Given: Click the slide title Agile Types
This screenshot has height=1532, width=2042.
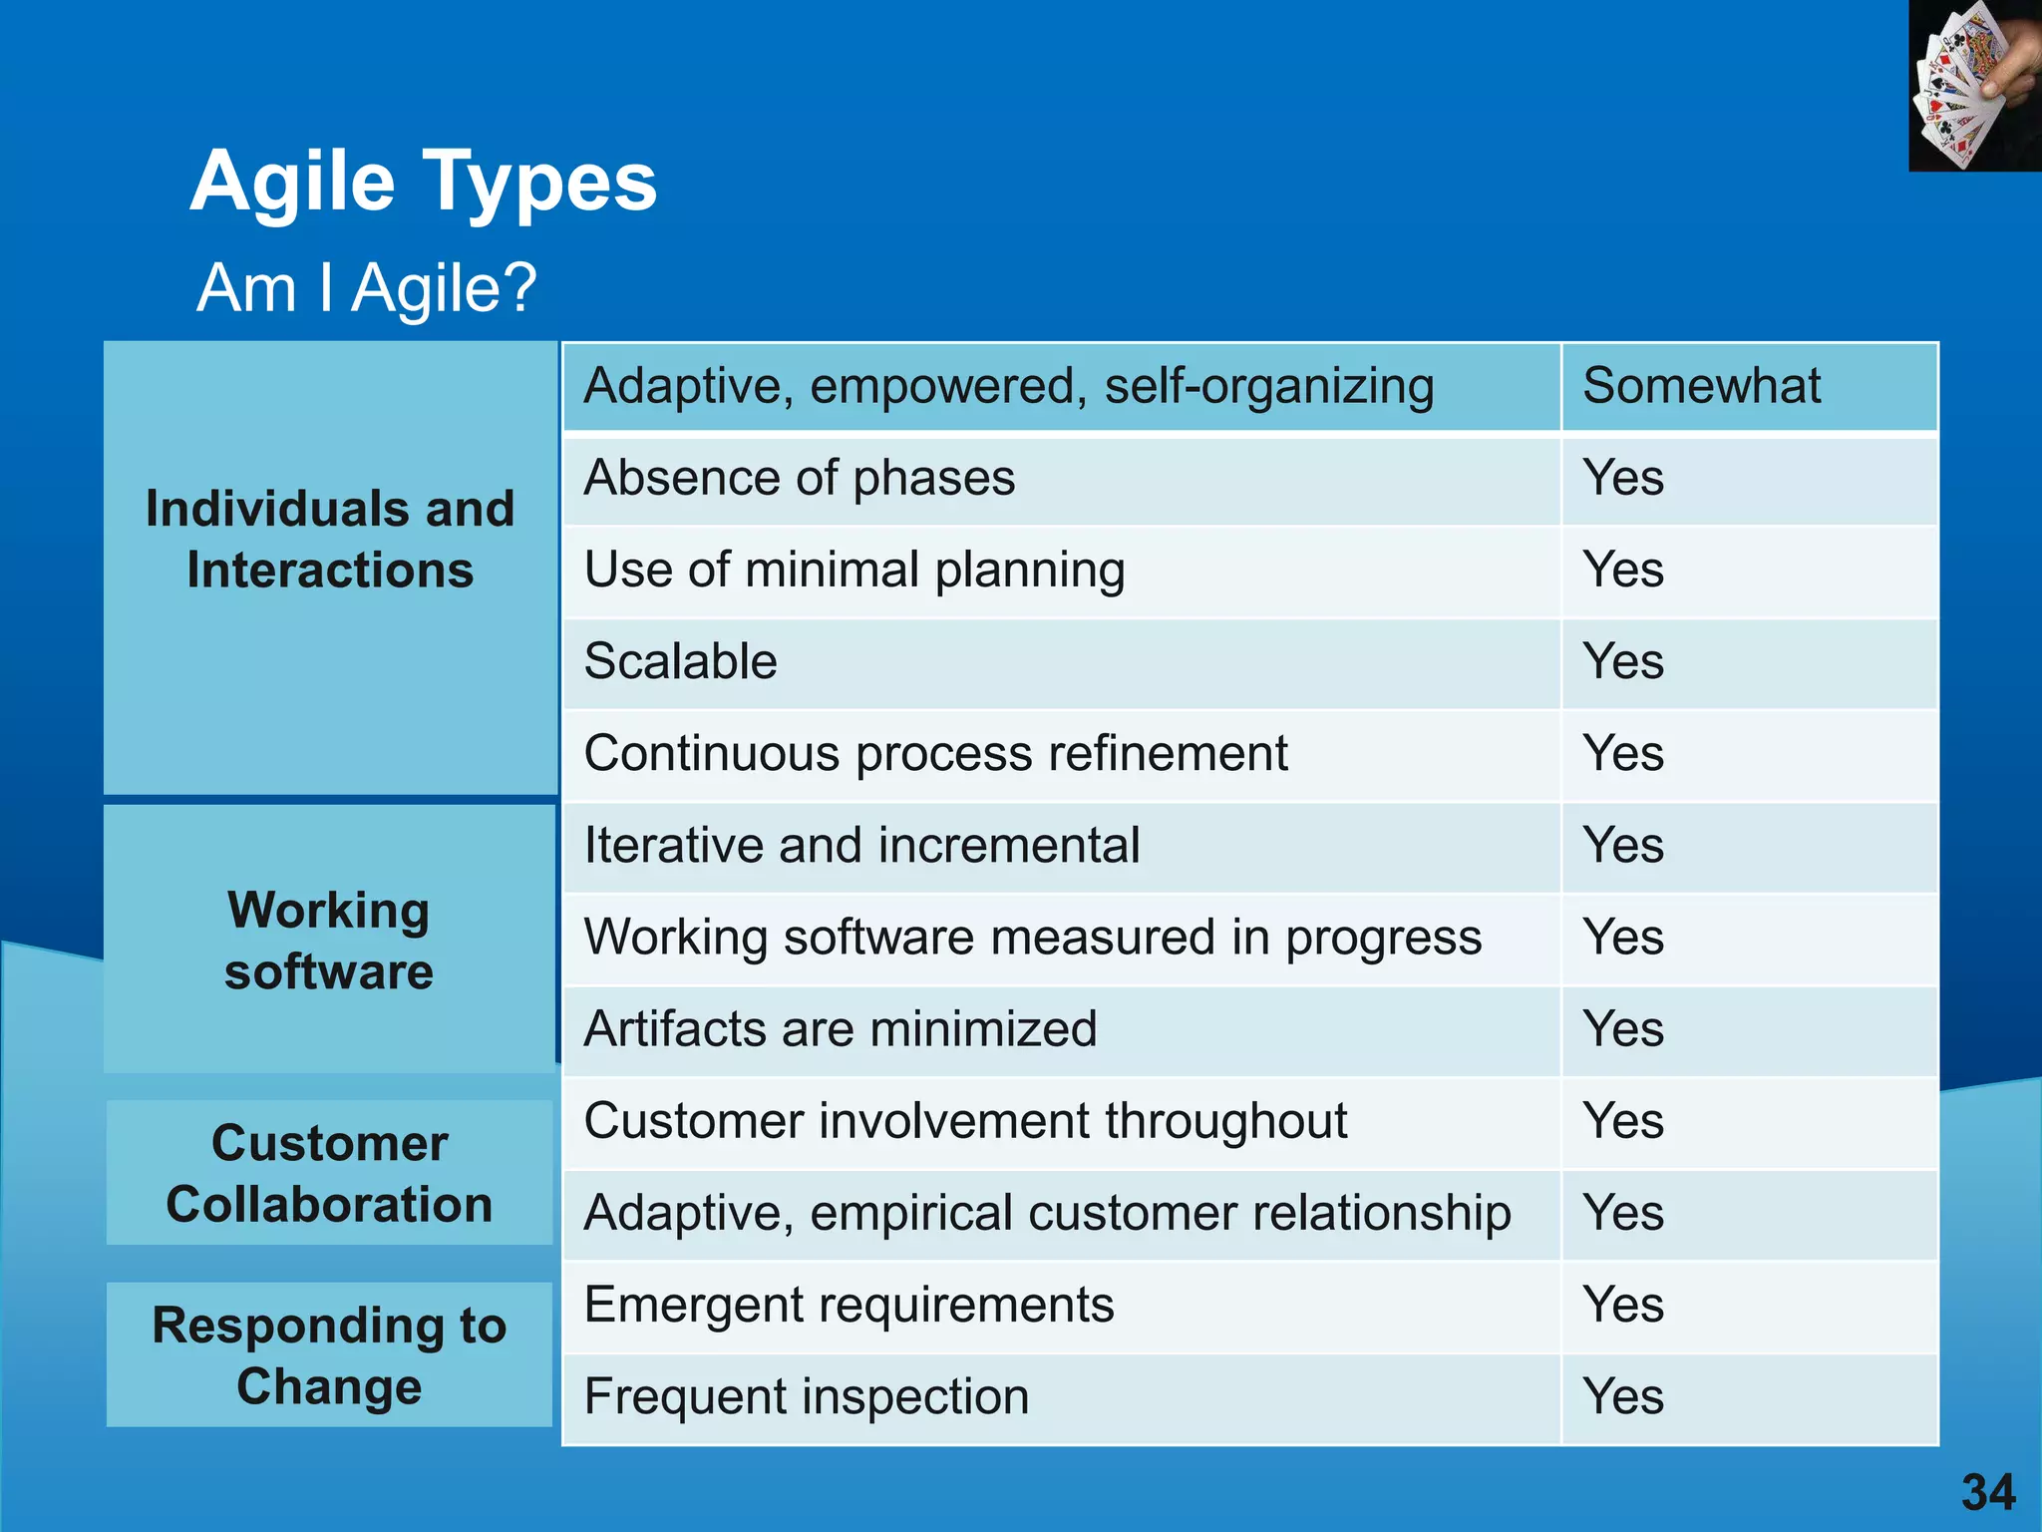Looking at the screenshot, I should coord(424,182).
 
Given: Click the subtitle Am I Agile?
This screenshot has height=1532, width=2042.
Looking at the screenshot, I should coord(366,288).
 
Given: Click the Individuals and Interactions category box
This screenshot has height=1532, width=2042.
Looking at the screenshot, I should coord(330,568).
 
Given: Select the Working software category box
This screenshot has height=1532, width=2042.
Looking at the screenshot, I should coord(329,940).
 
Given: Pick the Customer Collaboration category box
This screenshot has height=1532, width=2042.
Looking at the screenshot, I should coord(329,1173).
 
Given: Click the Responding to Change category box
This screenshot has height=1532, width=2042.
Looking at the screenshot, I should coord(329,1354).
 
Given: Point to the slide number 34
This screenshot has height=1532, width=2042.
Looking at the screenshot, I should coord(1988,1493).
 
